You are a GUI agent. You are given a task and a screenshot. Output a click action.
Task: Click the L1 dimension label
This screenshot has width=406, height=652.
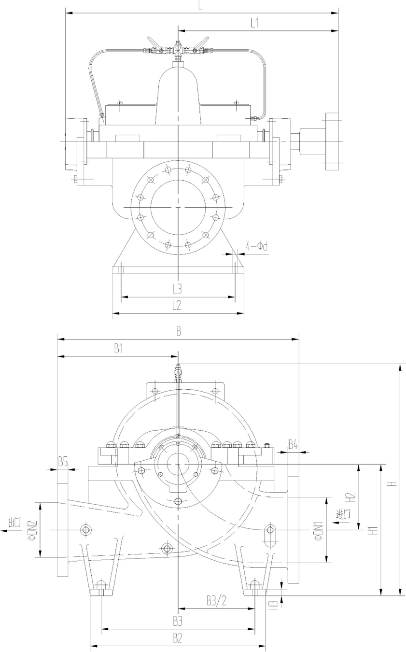[255, 23]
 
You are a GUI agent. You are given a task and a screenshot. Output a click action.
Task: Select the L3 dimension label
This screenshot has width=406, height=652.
[178, 289]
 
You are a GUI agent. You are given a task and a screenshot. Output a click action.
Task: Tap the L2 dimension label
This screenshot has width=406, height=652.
[178, 305]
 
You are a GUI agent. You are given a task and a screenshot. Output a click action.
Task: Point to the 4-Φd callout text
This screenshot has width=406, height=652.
[256, 247]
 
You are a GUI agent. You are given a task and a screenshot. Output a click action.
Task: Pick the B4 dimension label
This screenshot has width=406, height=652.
[293, 445]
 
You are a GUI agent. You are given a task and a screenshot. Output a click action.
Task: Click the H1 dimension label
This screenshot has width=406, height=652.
[373, 530]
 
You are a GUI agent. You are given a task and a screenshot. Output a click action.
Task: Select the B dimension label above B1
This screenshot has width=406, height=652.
[178, 331]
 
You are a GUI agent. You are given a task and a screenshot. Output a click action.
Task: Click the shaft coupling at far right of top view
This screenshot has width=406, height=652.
[332, 142]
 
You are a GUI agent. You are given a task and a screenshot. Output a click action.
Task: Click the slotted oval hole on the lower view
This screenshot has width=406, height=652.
[269, 536]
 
